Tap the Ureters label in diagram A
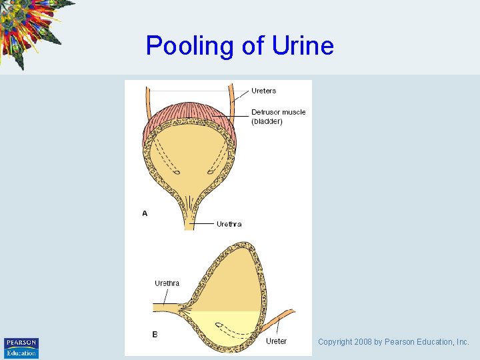[x=263, y=91]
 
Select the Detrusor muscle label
[x=278, y=112]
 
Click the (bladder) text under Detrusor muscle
[x=267, y=121]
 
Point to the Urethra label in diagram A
[x=229, y=224]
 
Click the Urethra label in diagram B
[x=167, y=283]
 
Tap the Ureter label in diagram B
[x=276, y=341]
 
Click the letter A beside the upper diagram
[x=145, y=213]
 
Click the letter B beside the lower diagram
[x=155, y=335]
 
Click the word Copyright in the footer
[x=334, y=342]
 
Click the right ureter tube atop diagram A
[x=233, y=97]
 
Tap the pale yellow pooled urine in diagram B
[x=227, y=323]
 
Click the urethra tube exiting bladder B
[x=167, y=307]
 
